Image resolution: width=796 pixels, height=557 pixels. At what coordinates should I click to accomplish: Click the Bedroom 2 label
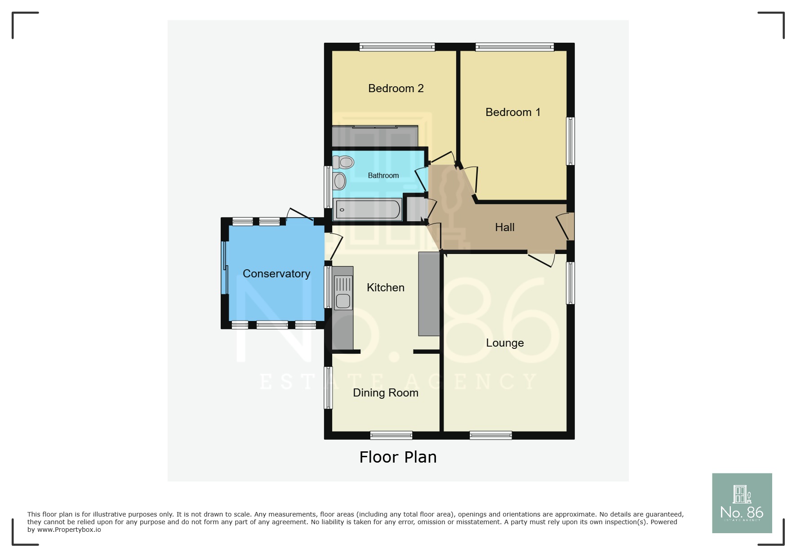(396, 89)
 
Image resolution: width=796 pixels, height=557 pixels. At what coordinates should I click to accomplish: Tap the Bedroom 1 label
(512, 112)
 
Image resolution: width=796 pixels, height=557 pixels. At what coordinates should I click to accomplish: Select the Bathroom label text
(383, 176)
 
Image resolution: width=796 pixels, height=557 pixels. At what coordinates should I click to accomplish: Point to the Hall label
(504, 227)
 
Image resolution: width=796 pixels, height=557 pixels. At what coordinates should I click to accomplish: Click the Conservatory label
(276, 274)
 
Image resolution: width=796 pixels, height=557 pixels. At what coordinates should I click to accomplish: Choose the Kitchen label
(385, 288)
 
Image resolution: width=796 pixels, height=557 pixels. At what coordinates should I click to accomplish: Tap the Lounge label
(504, 343)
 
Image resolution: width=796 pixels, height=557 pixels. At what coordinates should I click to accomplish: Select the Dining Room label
(385, 393)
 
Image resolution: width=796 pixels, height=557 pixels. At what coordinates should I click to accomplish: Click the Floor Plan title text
(398, 457)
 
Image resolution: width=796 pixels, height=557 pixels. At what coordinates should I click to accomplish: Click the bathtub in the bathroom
(368, 209)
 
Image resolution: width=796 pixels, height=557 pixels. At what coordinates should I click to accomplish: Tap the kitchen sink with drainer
(343, 293)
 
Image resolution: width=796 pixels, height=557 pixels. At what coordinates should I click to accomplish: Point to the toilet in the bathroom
(344, 162)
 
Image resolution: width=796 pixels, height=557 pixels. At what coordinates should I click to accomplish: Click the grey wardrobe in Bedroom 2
(374, 136)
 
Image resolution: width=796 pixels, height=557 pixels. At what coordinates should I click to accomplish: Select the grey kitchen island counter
(429, 294)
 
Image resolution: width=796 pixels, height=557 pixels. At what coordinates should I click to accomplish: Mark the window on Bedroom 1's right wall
(570, 141)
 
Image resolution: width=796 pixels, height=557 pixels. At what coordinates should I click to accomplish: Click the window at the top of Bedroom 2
(397, 47)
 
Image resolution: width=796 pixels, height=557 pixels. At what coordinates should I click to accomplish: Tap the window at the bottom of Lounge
(490, 435)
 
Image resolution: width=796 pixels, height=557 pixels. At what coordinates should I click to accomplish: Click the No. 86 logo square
(742, 503)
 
